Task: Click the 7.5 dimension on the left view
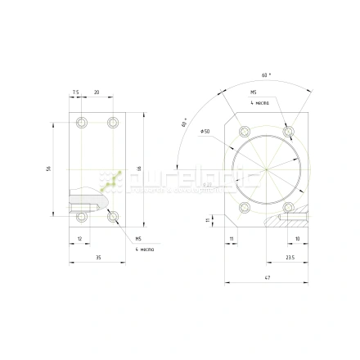(x=75, y=92)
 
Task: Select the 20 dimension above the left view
(x=97, y=92)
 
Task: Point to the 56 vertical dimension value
(x=49, y=169)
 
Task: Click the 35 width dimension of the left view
(x=98, y=258)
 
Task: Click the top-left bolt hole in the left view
(x=81, y=123)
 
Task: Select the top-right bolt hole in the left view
(x=113, y=123)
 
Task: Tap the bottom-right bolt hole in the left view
(x=113, y=217)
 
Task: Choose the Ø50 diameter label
(x=205, y=131)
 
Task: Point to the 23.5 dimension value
(x=289, y=258)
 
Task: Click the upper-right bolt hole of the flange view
(x=287, y=131)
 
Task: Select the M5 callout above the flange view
(x=254, y=92)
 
